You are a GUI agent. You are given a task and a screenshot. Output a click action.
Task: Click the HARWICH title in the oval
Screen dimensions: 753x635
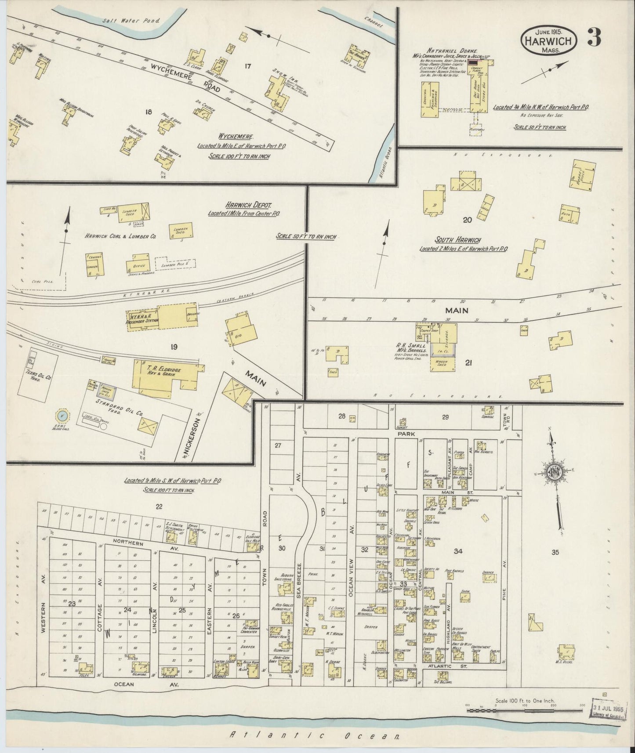[547, 41]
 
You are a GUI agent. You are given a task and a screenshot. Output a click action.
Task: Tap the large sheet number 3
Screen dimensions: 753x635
[594, 38]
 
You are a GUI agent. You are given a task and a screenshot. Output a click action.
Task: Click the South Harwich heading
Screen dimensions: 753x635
[457, 240]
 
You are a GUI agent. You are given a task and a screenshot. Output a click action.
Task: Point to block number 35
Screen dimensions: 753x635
[555, 552]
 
